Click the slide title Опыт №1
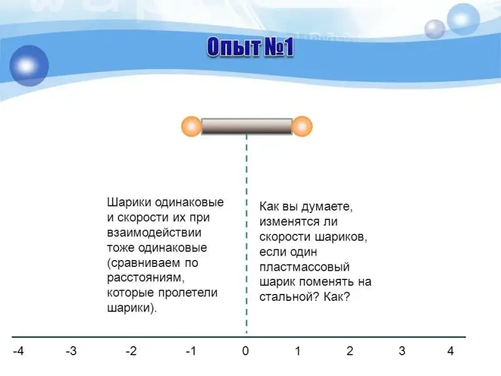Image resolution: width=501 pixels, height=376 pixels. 250,48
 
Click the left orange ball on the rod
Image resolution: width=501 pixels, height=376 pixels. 192,127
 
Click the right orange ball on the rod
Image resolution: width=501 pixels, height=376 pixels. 302,127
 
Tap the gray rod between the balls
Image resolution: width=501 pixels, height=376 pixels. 247,127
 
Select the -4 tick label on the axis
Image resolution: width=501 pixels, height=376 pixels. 18,351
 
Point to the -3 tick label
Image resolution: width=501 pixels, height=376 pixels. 71,351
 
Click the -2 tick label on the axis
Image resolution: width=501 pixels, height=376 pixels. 131,351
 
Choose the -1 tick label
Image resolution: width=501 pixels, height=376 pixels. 191,351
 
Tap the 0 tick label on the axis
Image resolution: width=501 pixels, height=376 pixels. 245,351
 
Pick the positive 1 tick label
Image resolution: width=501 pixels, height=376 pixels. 297,351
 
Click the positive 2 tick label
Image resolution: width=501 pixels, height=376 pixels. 350,351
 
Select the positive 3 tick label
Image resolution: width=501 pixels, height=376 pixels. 402,351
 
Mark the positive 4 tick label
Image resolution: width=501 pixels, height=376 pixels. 450,351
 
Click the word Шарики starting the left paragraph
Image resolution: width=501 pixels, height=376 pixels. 129,202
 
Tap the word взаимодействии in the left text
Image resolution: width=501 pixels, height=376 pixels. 154,232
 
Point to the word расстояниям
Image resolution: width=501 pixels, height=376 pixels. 146,278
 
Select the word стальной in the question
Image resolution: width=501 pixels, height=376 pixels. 289,297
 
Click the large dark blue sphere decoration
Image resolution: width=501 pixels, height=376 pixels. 29,66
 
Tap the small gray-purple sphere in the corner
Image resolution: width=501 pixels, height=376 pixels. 435,29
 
